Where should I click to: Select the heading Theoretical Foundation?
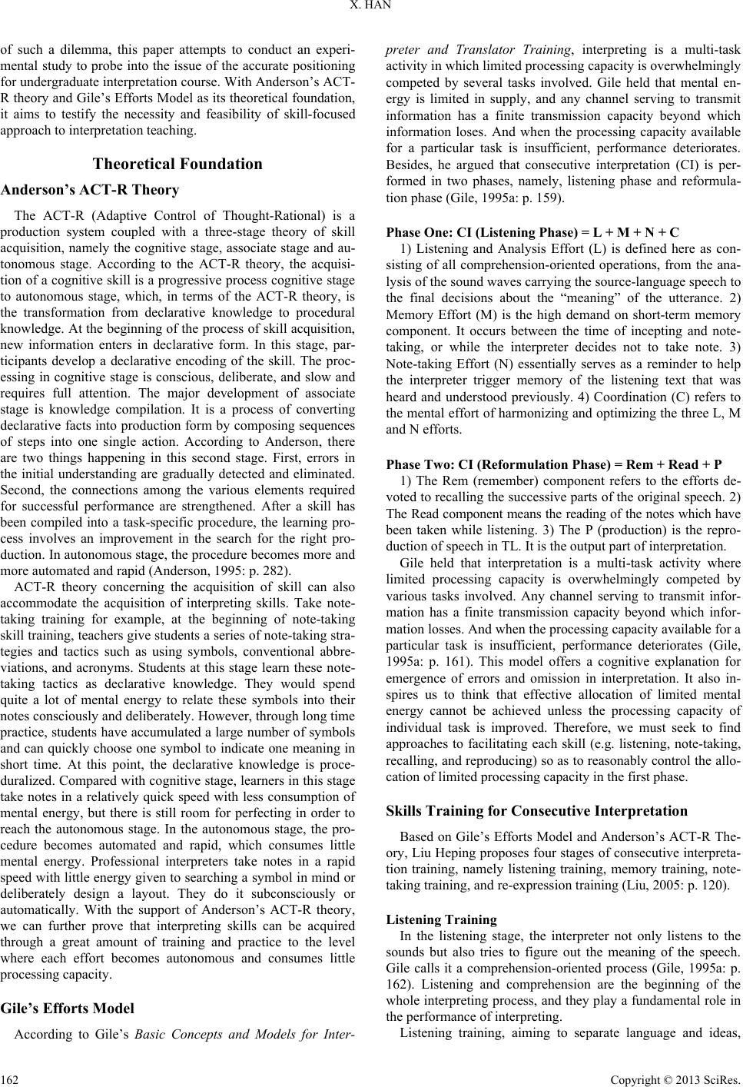tap(177, 164)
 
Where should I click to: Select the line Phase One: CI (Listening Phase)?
tap(532, 231)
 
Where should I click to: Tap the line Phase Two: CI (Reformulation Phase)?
tap(553, 464)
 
